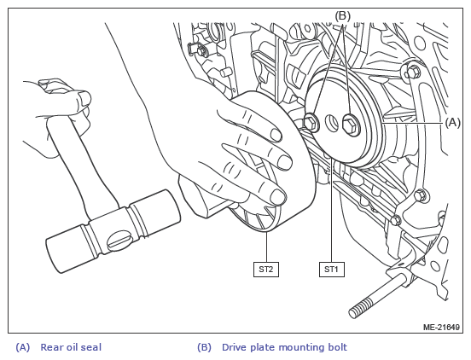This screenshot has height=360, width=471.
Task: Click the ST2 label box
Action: point(266,270)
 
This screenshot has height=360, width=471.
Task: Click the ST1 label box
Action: point(331,270)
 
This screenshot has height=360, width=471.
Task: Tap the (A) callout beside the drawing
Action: point(453,123)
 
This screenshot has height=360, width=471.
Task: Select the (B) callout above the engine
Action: point(342,16)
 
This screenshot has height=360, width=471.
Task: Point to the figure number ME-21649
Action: point(441,327)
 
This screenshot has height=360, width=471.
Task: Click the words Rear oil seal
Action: point(71,347)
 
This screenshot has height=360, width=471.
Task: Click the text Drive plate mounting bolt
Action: point(284,347)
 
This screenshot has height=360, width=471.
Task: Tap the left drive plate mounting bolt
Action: point(311,123)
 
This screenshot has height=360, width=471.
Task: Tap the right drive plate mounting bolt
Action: point(352,125)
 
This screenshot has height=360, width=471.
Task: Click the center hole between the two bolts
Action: point(332,124)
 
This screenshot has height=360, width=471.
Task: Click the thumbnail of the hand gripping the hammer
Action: point(84,97)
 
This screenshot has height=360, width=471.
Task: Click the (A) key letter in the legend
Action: point(23,347)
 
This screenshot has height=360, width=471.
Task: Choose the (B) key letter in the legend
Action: point(204,347)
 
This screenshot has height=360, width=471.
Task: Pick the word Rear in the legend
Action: point(49,347)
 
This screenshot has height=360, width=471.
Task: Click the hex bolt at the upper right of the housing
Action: point(413,71)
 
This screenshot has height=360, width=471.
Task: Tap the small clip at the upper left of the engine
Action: point(197,49)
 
